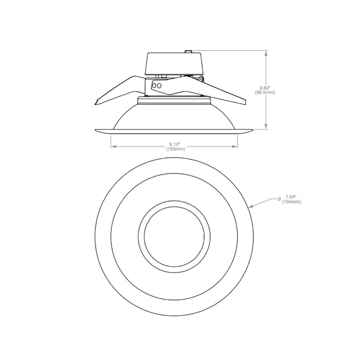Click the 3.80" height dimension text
click(265, 88)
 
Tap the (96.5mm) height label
click(265, 92)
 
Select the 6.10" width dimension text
click(175, 144)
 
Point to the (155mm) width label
click(175, 149)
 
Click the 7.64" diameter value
click(291, 197)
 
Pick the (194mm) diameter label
click(292, 202)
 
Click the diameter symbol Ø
click(279, 199)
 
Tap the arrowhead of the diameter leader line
click(251, 206)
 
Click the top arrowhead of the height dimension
click(266, 53)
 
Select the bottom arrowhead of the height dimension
click(266, 127)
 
